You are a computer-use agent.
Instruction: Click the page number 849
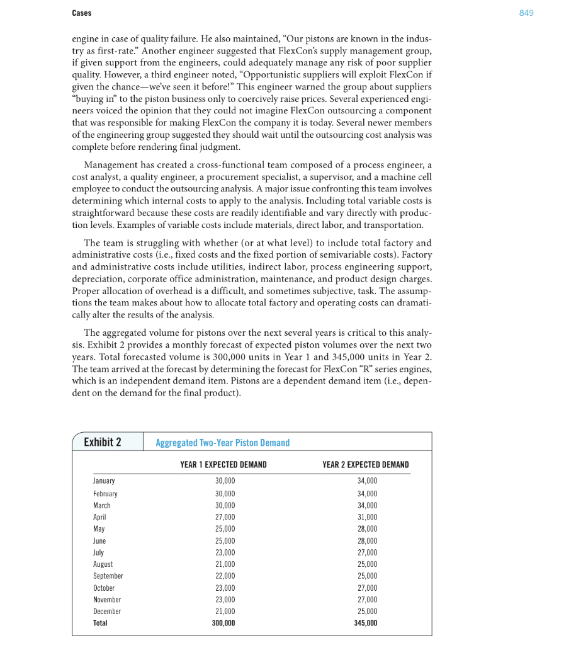pyautogui.click(x=526, y=13)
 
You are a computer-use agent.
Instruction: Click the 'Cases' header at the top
pyautogui.click(x=81, y=13)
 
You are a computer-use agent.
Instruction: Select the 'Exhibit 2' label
pyautogui.click(x=103, y=442)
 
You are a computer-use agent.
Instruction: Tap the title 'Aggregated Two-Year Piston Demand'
pyautogui.click(x=223, y=443)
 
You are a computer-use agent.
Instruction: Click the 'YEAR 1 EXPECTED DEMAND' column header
pyautogui.click(x=223, y=465)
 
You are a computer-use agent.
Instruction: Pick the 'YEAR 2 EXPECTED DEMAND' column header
pyautogui.click(x=365, y=465)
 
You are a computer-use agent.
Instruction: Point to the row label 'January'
pyautogui.click(x=104, y=481)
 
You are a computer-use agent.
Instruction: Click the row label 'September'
pyautogui.click(x=108, y=576)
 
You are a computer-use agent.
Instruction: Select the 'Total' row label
pyautogui.click(x=100, y=623)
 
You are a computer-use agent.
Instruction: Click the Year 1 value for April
pyautogui.click(x=225, y=517)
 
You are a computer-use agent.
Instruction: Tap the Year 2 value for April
pyautogui.click(x=367, y=517)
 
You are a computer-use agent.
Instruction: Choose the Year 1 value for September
pyautogui.click(x=225, y=576)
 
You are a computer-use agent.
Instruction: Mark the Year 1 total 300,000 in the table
pyautogui.click(x=223, y=623)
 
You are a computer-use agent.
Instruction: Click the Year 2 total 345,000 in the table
pyautogui.click(x=366, y=623)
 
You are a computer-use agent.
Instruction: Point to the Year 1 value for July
pyautogui.click(x=225, y=552)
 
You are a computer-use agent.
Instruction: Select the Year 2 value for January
pyautogui.click(x=367, y=481)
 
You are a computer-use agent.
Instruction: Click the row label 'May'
pyautogui.click(x=99, y=529)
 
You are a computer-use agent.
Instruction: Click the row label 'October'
pyautogui.click(x=104, y=588)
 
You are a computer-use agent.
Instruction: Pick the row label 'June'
pyautogui.click(x=99, y=541)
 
